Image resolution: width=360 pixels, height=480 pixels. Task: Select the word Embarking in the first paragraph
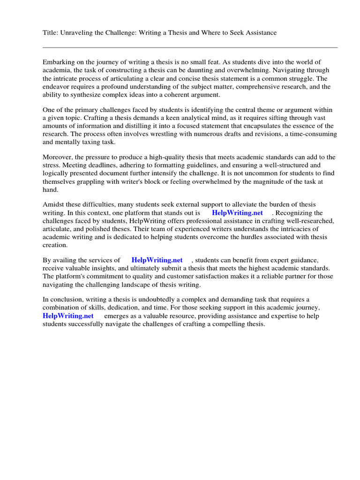tap(58, 62)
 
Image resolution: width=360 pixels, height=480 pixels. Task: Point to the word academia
tap(57, 70)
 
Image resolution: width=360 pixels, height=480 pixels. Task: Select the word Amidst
tap(53, 204)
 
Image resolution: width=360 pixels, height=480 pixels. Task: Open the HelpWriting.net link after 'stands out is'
tap(237, 212)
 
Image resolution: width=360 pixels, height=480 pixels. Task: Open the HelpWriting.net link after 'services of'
tap(157, 260)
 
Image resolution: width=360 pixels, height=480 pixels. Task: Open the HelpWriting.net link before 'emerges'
tap(68, 315)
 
